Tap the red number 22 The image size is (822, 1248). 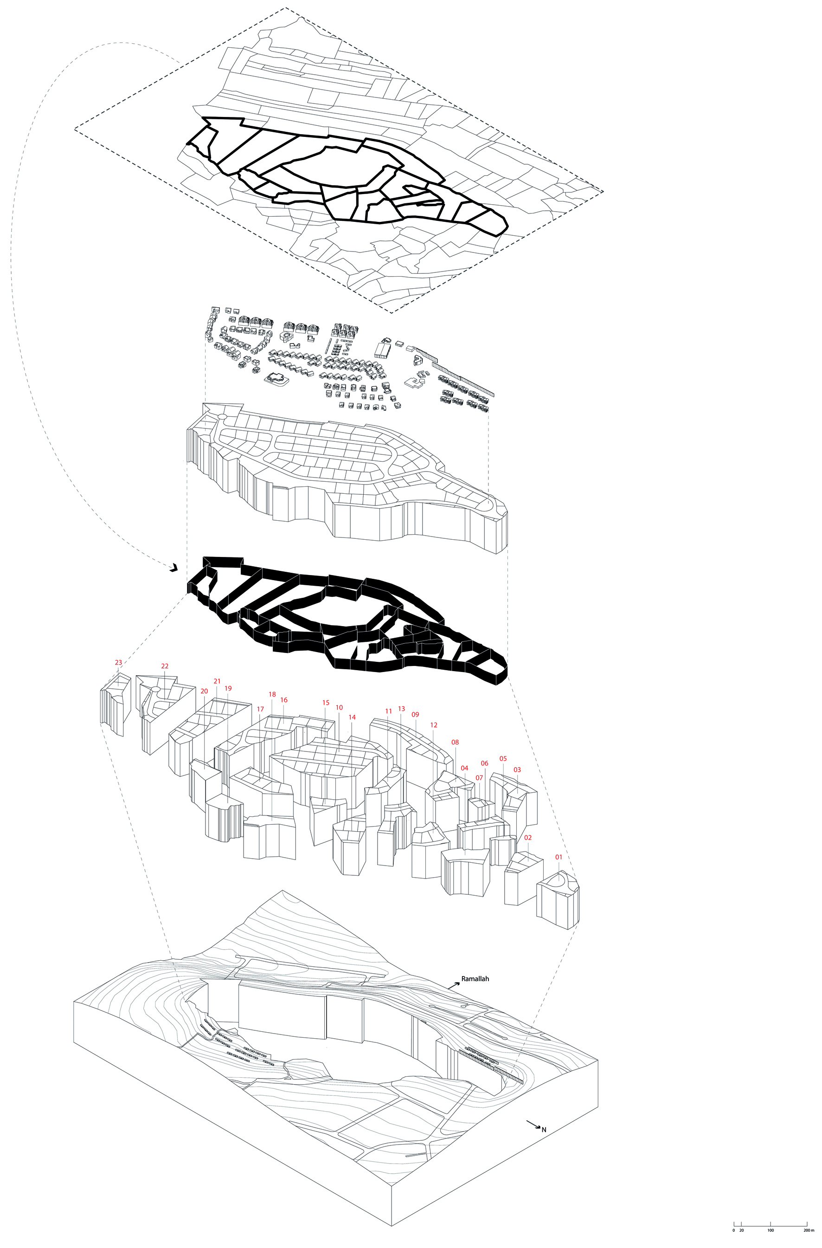coord(165,666)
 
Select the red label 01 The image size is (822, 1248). coord(559,857)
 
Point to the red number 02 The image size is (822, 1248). coord(528,837)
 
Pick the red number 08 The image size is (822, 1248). coord(455,742)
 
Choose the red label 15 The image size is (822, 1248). coord(326,703)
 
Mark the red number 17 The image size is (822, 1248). coord(261,709)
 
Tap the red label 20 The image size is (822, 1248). coord(205,691)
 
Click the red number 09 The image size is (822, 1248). coord(415,714)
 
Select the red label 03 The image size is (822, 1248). coord(517,770)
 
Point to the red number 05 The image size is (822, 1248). coord(503,758)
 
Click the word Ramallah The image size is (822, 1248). coord(475,978)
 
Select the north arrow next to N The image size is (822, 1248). coord(533,1124)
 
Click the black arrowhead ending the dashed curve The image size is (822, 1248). coord(174,567)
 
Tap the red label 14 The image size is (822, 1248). coord(352,717)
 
